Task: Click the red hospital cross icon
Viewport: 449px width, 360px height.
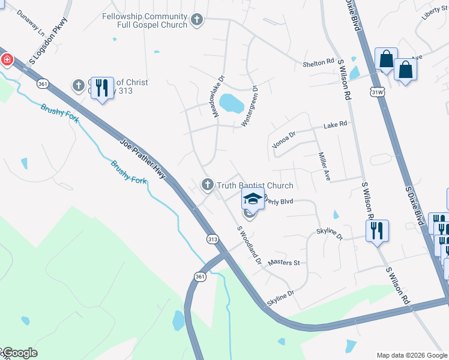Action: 7,59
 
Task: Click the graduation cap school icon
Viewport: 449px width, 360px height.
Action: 253,199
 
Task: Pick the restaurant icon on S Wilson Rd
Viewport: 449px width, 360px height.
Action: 377,230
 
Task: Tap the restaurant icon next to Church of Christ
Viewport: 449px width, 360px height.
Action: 102,88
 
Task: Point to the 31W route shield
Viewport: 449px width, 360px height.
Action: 378,92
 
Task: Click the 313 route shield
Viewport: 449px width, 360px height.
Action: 212,239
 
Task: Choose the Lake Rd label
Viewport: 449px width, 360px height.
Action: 335,125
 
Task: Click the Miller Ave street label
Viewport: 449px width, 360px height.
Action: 324,166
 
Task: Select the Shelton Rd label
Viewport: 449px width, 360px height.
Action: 318,62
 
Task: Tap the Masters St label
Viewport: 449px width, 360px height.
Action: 284,262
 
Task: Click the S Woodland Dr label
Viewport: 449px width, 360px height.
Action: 249,244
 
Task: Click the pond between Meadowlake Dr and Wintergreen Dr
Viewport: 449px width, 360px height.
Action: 231,103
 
